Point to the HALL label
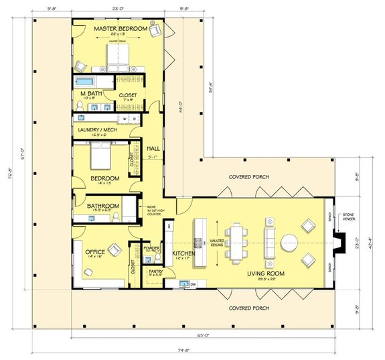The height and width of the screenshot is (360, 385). tap(153, 147)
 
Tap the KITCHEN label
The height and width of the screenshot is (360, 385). tap(183, 253)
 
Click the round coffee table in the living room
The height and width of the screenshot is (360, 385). tap(291, 241)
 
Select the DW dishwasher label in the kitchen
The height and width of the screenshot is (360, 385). tap(194, 285)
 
